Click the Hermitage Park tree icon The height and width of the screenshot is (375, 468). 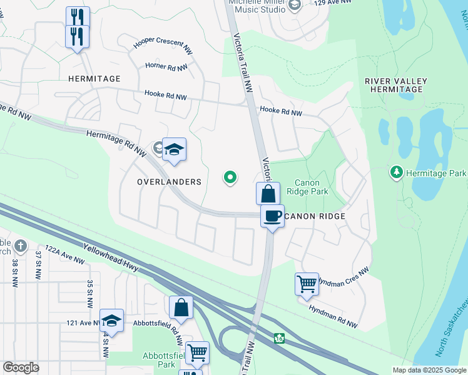[395, 172]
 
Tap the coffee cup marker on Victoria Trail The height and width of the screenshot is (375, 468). [272, 216]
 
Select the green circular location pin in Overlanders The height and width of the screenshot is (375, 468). [230, 178]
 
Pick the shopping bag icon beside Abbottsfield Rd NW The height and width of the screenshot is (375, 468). [181, 307]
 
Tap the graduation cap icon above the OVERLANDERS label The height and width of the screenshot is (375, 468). [175, 149]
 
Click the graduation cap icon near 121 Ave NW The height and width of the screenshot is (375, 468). [111, 320]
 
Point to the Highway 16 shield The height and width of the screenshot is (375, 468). [278, 338]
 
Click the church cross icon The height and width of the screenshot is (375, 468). [20, 246]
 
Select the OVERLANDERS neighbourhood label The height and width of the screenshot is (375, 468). [170, 182]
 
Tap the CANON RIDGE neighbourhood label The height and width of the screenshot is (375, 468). [315, 216]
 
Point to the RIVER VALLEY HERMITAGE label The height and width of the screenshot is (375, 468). [396, 85]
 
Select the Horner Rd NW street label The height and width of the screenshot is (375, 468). [166, 66]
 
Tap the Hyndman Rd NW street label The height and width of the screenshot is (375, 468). [333, 316]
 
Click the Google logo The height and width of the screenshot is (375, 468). [21, 367]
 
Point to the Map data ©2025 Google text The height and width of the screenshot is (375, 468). [429, 370]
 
